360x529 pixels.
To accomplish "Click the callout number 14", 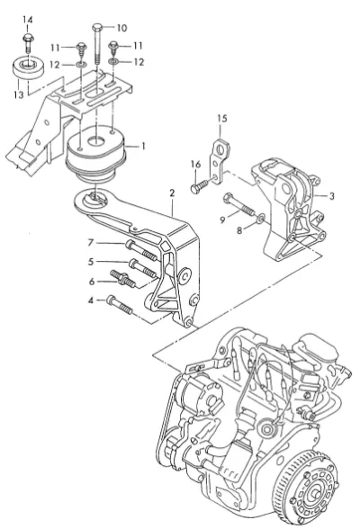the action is (28, 20).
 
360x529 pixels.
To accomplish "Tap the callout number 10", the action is (121, 28).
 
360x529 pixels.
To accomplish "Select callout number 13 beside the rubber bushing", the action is (19, 94).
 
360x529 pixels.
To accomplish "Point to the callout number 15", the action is (222, 119).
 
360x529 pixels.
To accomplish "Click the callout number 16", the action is (195, 165).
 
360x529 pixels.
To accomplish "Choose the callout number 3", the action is (332, 196).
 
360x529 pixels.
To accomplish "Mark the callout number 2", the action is (172, 193).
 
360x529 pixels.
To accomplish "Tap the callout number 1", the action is (143, 146).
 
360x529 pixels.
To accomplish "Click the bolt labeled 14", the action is (27, 43).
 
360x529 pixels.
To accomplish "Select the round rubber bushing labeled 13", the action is (28, 69).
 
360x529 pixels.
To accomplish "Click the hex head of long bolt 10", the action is (97, 27).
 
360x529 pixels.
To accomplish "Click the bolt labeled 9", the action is (238, 204).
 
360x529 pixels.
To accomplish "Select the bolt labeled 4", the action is (120, 305).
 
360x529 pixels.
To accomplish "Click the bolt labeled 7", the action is (141, 250).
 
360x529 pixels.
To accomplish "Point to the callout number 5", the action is (90, 262).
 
